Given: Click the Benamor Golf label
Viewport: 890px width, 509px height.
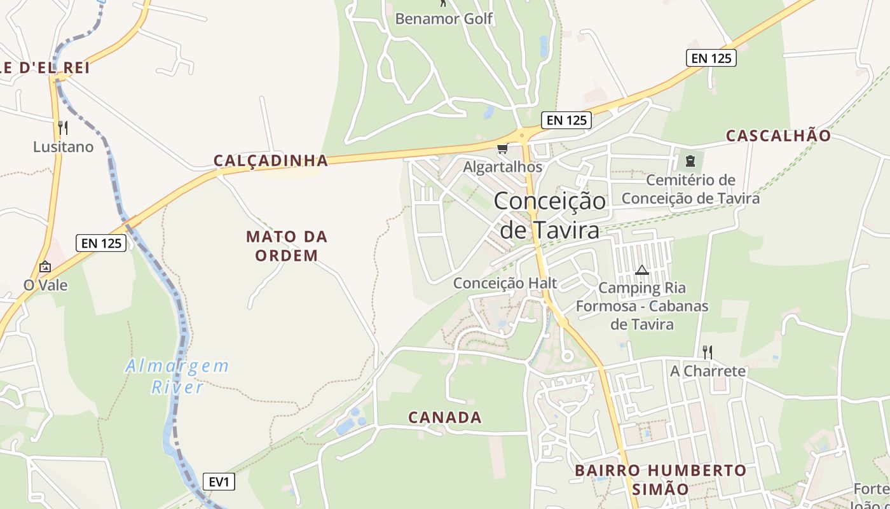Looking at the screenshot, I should pyautogui.click(x=444, y=18).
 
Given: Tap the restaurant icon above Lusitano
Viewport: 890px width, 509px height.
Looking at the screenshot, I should pyautogui.click(x=63, y=128).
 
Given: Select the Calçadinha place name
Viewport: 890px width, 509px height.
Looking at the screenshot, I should pyautogui.click(x=271, y=160).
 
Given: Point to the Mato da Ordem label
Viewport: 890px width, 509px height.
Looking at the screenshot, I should pyautogui.click(x=287, y=246).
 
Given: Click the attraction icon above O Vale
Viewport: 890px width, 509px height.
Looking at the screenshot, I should pyautogui.click(x=45, y=267).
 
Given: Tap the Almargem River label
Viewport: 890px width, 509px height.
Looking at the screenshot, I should pyautogui.click(x=177, y=376).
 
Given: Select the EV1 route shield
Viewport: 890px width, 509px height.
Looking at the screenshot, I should pyautogui.click(x=219, y=482).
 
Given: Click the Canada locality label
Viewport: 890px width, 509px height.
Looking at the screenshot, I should pyautogui.click(x=445, y=417).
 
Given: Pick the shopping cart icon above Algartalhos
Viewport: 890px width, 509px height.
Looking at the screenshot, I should pyautogui.click(x=503, y=149).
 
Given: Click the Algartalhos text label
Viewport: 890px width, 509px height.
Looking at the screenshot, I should pyautogui.click(x=503, y=167).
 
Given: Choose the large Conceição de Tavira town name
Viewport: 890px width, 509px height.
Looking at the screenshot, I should pyautogui.click(x=550, y=215).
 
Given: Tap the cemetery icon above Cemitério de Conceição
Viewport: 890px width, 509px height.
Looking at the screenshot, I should pyautogui.click(x=690, y=161).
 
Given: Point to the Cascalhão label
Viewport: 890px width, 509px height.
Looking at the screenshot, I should pyautogui.click(x=778, y=136).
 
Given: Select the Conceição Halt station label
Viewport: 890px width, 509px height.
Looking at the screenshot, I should pyautogui.click(x=505, y=283).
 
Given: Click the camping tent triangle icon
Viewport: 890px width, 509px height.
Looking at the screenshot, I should pyautogui.click(x=642, y=270).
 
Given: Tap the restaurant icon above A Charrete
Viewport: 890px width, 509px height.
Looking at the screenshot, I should pyautogui.click(x=707, y=352).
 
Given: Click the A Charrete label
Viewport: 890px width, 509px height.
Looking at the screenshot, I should pyautogui.click(x=708, y=370).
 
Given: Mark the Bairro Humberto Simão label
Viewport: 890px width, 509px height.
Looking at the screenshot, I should pyautogui.click(x=661, y=480).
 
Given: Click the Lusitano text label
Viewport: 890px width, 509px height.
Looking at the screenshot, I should pyautogui.click(x=63, y=147).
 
